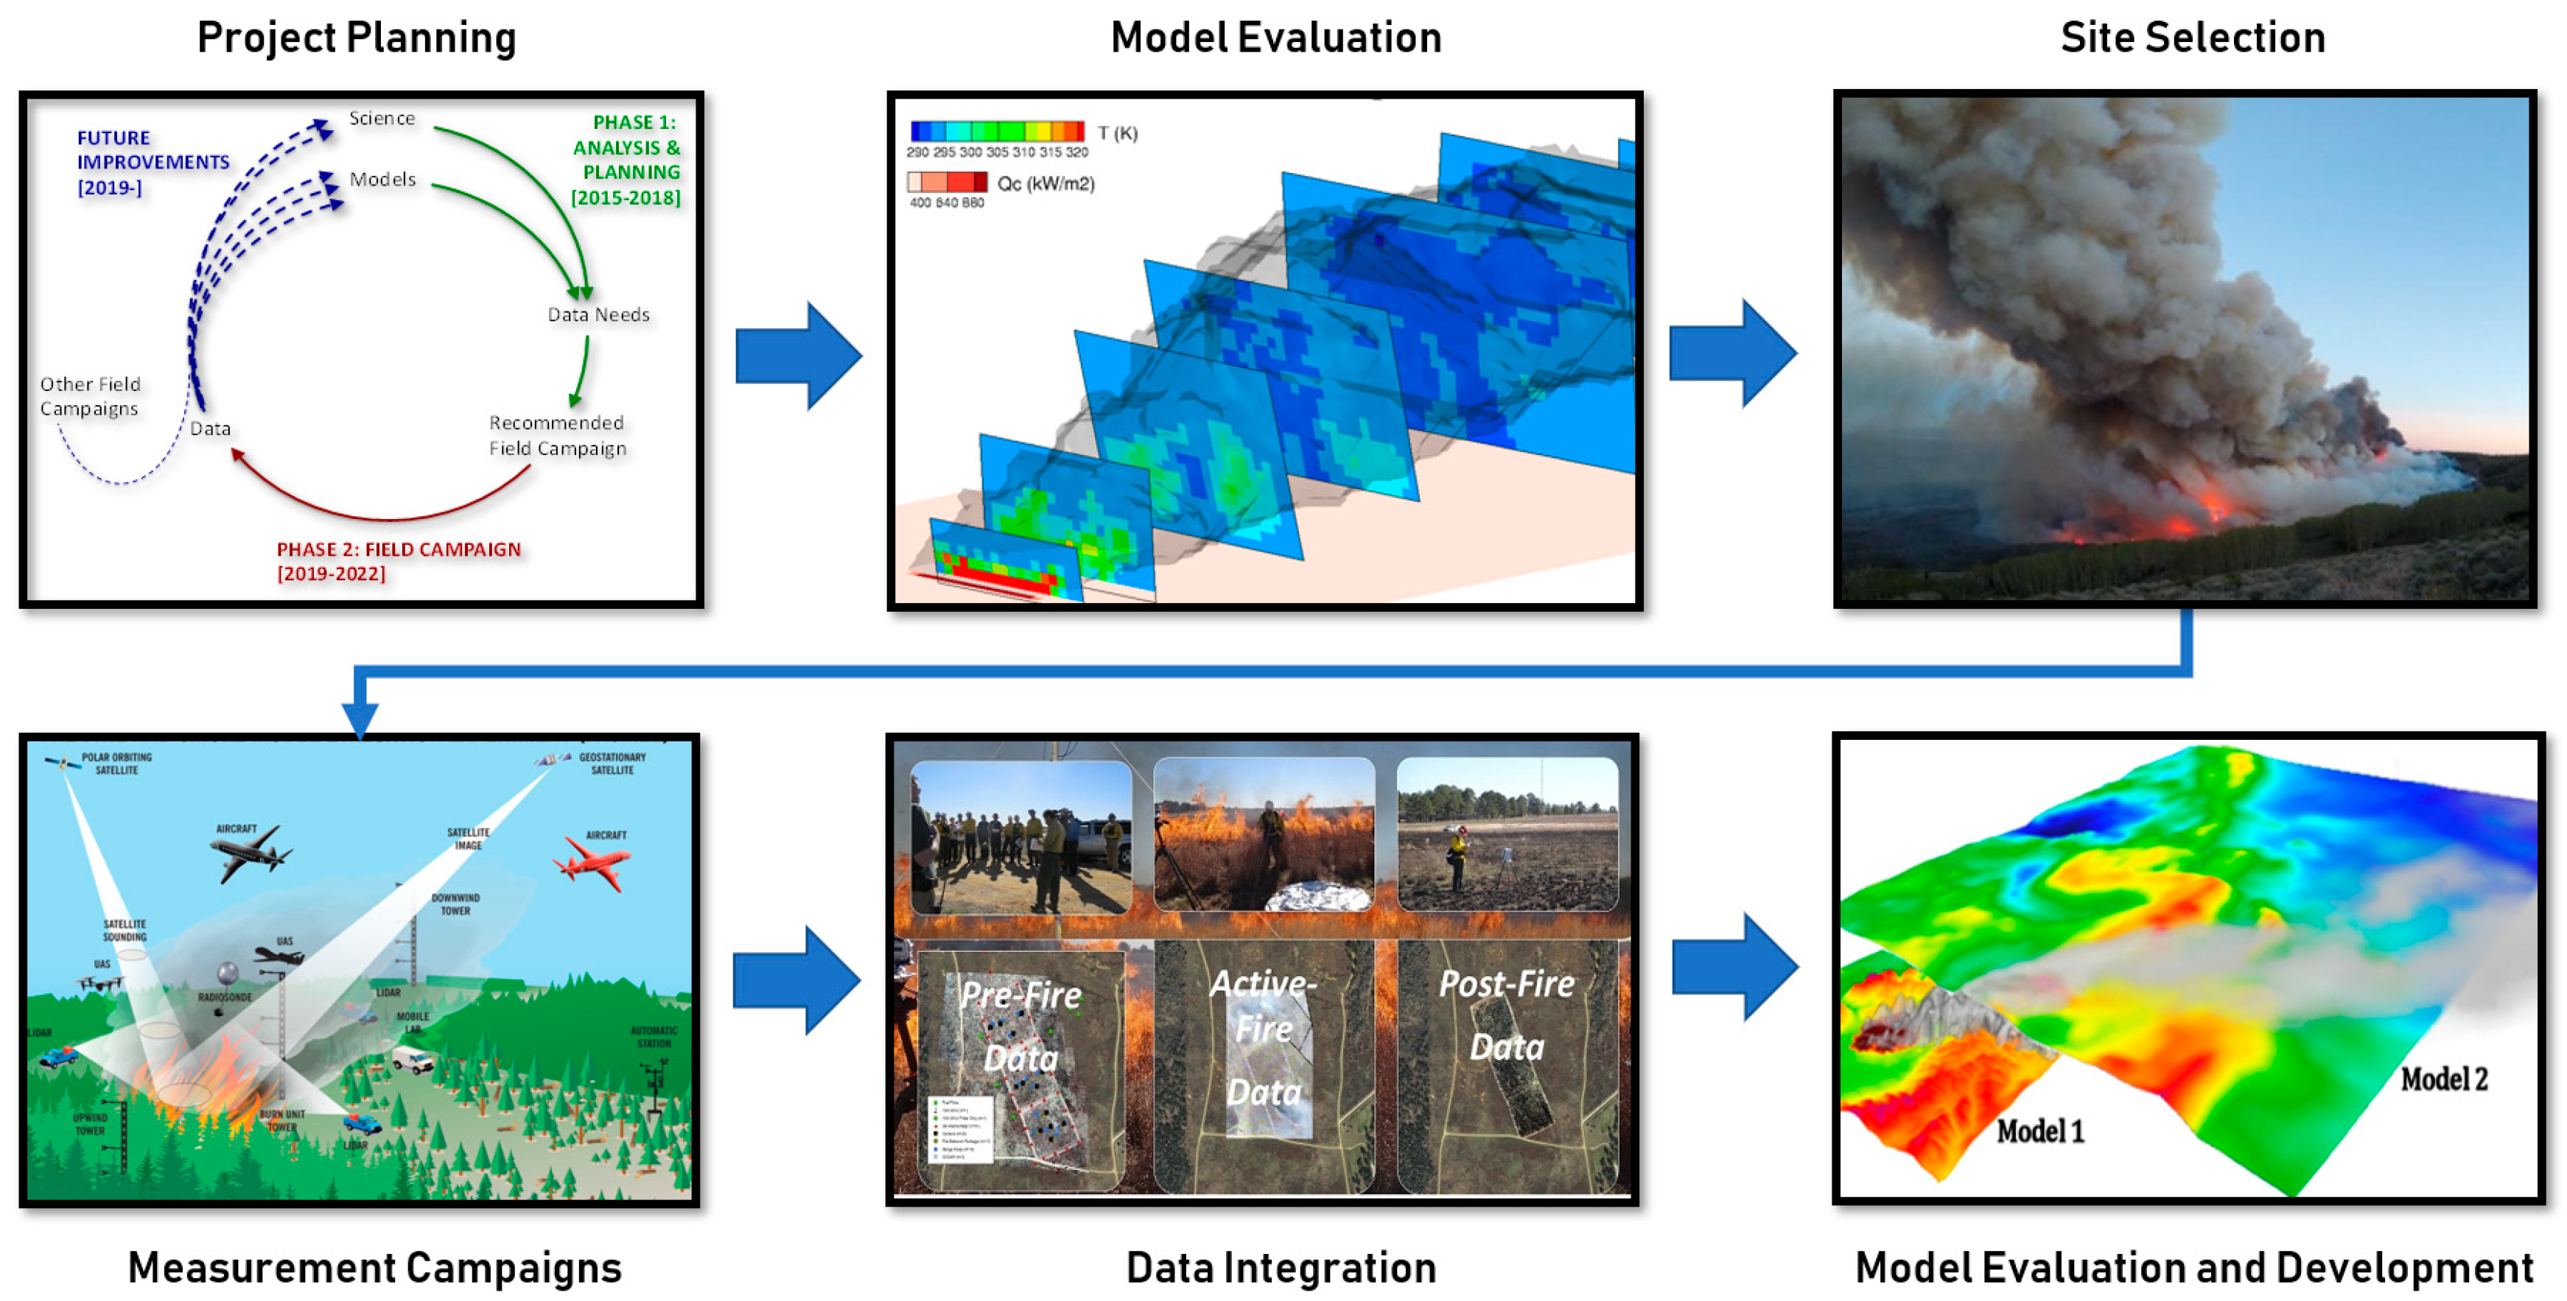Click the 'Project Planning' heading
tap(356, 38)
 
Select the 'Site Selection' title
tap(2192, 38)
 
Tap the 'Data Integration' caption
tap(1281, 1268)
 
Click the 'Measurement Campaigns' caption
tap(375, 1268)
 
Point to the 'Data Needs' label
tap(598, 315)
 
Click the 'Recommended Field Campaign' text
tap(557, 435)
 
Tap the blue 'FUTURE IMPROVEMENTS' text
tap(153, 161)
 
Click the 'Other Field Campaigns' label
tap(90, 396)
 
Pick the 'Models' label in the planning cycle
tap(382, 180)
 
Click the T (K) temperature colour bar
tap(996, 130)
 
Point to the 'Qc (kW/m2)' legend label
tap(1046, 183)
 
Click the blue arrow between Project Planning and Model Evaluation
tap(798, 356)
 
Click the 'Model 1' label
tap(2040, 1132)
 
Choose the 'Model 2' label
tap(2443, 1079)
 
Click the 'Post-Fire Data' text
tap(1507, 1014)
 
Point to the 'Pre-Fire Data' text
tap(1020, 1026)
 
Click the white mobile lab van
tap(413, 1059)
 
